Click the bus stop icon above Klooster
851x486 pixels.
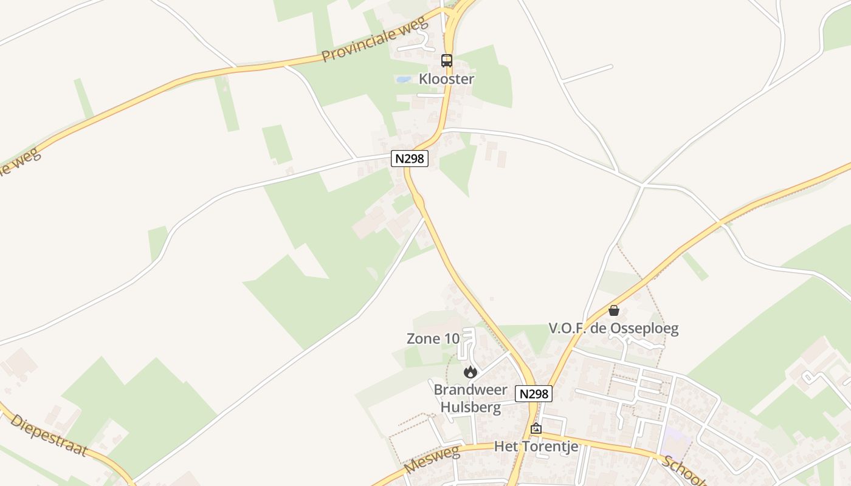point(447,60)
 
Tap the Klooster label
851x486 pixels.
point(446,79)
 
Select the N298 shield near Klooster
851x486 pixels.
point(410,159)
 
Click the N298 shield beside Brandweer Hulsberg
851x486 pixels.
point(534,394)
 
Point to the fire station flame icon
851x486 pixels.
point(470,372)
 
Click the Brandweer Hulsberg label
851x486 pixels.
point(470,398)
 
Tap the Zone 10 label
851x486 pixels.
point(433,339)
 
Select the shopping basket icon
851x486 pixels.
point(614,310)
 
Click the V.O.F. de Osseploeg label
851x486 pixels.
point(613,329)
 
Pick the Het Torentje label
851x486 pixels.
point(536,447)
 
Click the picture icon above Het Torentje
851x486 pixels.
point(536,428)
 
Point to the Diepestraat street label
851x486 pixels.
point(49,436)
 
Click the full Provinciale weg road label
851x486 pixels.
point(375,40)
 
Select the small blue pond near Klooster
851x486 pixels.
point(402,79)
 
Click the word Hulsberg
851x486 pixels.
point(470,407)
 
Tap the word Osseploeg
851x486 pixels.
point(647,329)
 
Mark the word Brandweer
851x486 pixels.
point(470,389)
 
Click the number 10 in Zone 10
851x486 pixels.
point(451,339)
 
